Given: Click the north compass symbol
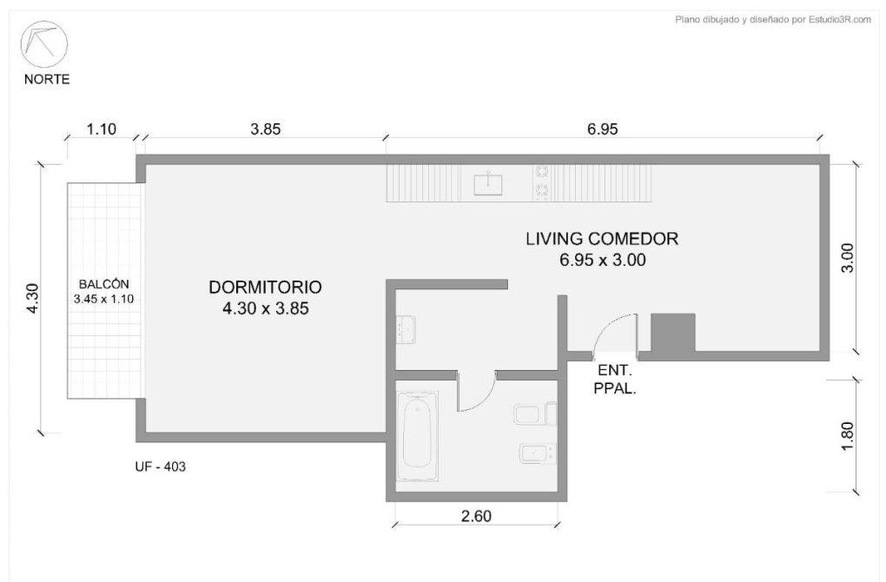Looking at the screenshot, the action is click(44, 44).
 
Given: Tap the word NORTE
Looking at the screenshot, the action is click(47, 79).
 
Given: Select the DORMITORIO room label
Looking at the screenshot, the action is click(265, 287).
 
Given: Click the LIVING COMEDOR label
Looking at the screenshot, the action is click(602, 239).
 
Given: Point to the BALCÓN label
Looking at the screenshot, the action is click(104, 284).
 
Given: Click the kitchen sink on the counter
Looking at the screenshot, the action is click(488, 183).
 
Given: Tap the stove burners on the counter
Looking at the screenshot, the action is click(542, 182).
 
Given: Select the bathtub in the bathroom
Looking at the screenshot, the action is click(417, 436).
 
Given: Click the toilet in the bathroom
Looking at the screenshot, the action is click(536, 414).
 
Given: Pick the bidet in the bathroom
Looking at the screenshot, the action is click(538, 453).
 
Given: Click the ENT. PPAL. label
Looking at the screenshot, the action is click(615, 380).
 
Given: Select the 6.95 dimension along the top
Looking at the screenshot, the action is click(602, 129).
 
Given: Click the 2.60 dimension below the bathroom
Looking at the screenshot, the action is click(476, 516).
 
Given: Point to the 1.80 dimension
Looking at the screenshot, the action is click(847, 436).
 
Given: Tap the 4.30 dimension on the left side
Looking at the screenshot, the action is click(32, 298).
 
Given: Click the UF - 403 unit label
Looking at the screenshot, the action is click(160, 466).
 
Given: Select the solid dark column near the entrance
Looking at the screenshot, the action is click(673, 332).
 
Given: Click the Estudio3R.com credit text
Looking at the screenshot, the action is click(840, 20).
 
